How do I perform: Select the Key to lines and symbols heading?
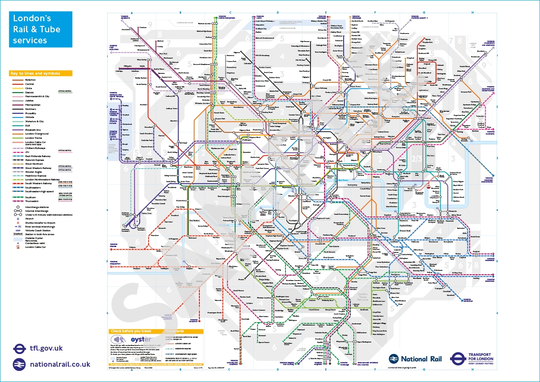pyautogui.click(x=35, y=73)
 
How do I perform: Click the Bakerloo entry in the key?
pyautogui.click(x=30, y=80)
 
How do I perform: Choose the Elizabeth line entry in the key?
pyautogui.click(x=33, y=129)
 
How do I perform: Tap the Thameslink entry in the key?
pyautogui.click(x=31, y=201)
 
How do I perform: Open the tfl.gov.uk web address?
pyautogui.click(x=46, y=348)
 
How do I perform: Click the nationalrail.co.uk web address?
pyautogui.click(x=60, y=364)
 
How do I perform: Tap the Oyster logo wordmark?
pyautogui.click(x=141, y=340)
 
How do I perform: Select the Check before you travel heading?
pyautogui.click(x=131, y=331)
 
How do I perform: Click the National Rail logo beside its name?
pyautogui.click(x=394, y=359)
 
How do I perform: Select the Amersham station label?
pyautogui.click(x=126, y=30)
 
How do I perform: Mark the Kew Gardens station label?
pyautogui.click(x=195, y=221)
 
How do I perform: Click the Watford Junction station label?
pyautogui.click(x=204, y=24)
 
